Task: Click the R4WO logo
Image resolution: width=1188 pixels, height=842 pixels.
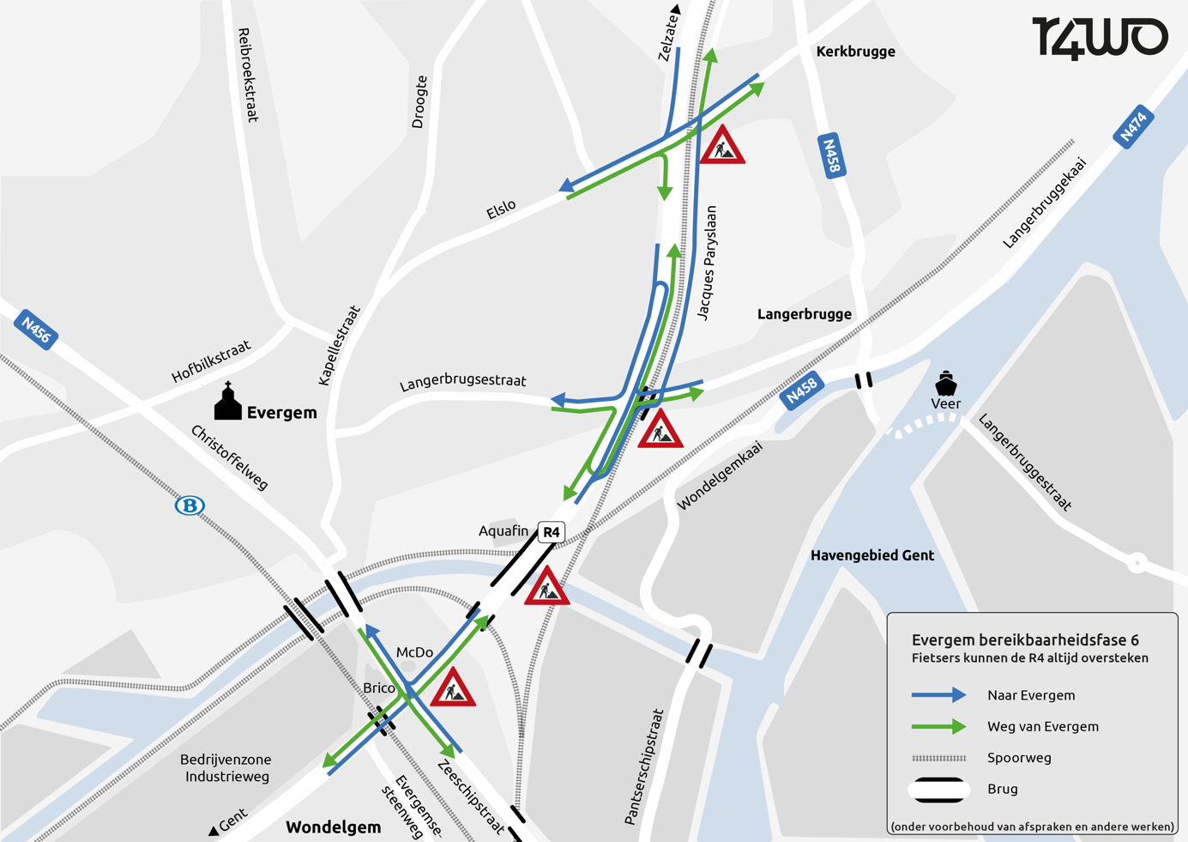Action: pyautogui.click(x=1100, y=38)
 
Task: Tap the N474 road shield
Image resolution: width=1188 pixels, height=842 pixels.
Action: pyautogui.click(x=1132, y=126)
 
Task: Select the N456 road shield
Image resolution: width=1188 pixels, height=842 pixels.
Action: pyautogui.click(x=36, y=330)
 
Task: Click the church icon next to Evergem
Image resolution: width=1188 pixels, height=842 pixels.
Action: pyautogui.click(x=227, y=402)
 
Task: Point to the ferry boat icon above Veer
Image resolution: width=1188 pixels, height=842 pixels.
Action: pyautogui.click(x=945, y=383)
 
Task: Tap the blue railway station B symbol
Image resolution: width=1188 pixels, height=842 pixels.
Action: pyautogui.click(x=190, y=505)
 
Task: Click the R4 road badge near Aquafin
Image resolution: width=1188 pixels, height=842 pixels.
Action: pyautogui.click(x=551, y=532)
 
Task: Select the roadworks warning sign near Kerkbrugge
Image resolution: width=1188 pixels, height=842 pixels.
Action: pyautogui.click(x=722, y=146)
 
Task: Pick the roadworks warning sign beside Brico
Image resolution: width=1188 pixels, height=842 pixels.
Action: pyautogui.click(x=452, y=688)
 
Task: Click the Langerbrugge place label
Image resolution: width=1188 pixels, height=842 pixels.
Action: pyautogui.click(x=804, y=314)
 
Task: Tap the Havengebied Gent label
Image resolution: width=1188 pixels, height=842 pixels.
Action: pyautogui.click(x=871, y=555)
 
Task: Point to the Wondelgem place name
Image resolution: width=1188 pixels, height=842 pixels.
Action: pyautogui.click(x=333, y=827)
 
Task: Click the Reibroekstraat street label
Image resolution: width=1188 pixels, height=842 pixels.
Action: pyautogui.click(x=247, y=75)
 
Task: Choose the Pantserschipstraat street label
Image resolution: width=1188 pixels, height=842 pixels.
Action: pyautogui.click(x=644, y=766)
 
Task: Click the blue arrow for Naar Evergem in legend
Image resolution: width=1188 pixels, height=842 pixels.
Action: pyautogui.click(x=938, y=695)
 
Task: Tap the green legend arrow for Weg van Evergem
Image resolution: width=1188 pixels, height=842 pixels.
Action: pyautogui.click(x=938, y=727)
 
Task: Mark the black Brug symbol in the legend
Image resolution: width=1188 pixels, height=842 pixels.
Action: pyautogui.click(x=939, y=790)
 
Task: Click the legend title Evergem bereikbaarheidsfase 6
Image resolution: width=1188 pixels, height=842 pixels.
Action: pyautogui.click(x=1025, y=640)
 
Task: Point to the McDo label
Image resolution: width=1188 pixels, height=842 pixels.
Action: pyautogui.click(x=414, y=652)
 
